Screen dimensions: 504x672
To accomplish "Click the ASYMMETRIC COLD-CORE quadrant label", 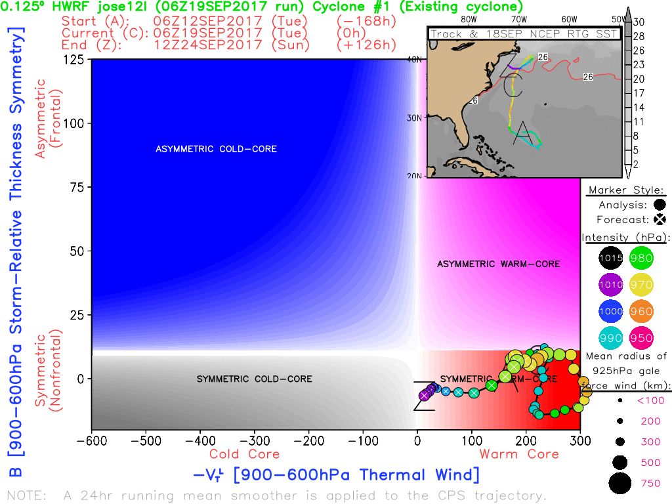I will pos(216,149).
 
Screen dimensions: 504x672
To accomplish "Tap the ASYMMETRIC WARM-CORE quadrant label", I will pos(499,264).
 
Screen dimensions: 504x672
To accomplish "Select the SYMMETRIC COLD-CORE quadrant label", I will pos(255,379).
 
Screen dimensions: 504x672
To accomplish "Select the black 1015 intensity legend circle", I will pos(610,259).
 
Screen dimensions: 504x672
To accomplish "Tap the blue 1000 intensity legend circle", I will pos(610,312).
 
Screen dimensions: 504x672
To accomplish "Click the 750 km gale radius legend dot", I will pos(619,484).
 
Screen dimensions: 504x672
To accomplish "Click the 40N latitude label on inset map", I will pos(413,59).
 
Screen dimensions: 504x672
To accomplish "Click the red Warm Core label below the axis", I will pos(519,454).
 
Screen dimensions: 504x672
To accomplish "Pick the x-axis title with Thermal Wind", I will pos(337,475).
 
